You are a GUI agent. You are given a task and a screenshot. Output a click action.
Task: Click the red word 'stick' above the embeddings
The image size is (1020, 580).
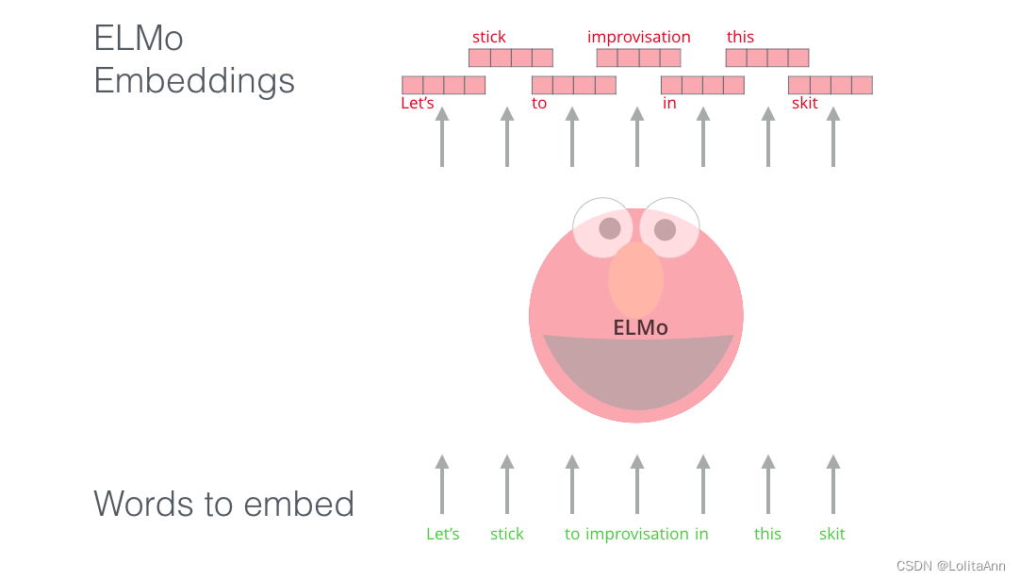point(489,38)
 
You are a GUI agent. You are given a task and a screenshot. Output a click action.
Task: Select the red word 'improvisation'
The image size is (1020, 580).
point(638,38)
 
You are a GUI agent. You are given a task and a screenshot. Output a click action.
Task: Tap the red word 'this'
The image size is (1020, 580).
point(740,38)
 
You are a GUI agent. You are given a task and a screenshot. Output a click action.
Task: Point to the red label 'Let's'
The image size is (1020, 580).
point(418,104)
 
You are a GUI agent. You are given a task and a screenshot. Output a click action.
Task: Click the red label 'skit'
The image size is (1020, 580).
point(805,104)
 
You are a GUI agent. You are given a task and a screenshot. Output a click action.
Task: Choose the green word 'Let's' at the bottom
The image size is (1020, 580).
point(443,534)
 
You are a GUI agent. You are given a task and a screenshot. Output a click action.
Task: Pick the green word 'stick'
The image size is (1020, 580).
point(506,534)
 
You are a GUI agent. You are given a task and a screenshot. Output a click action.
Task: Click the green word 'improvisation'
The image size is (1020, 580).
point(637,534)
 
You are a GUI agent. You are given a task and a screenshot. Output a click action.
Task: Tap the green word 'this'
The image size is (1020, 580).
point(767,534)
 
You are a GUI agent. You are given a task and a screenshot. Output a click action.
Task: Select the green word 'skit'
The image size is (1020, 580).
point(831,534)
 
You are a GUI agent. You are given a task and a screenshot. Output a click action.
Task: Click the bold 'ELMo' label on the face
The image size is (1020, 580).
point(640,328)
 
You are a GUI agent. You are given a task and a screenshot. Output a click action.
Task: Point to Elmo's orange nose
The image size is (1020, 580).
point(635,279)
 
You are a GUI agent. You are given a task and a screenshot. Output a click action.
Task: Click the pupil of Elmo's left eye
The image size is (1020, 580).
point(610,228)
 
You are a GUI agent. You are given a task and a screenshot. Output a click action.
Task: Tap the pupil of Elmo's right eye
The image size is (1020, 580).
point(665,229)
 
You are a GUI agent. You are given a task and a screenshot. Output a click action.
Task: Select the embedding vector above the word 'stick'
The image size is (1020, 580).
point(510,58)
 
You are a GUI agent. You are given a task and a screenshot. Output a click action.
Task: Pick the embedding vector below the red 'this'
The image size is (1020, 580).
point(766,58)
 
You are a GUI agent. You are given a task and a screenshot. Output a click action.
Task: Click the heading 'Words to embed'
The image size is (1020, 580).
point(223,504)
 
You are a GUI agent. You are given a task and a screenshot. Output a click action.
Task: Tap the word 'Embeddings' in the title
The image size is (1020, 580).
point(194,80)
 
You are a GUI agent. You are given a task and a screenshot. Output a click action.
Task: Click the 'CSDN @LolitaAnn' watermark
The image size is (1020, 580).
point(950,566)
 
